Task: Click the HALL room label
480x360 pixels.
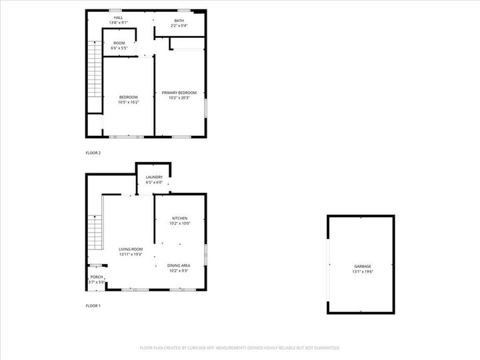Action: (118, 18)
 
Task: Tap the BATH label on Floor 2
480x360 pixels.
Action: (179, 21)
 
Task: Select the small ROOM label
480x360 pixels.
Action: (119, 43)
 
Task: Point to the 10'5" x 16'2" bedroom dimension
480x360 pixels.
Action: (129, 103)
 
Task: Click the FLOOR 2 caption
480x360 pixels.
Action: (93, 153)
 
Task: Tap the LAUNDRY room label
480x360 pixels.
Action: (154, 177)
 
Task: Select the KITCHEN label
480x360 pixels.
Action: (180, 219)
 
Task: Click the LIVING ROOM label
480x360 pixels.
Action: (131, 249)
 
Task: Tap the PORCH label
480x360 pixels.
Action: (97, 277)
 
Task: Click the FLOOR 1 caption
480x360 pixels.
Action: (93, 306)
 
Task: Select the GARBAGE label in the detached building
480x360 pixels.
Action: (363, 267)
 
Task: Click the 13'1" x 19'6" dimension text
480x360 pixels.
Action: (363, 272)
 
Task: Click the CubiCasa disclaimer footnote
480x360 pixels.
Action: (240, 348)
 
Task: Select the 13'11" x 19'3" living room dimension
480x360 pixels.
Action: (131, 255)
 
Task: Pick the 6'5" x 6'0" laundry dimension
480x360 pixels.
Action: (154, 183)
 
